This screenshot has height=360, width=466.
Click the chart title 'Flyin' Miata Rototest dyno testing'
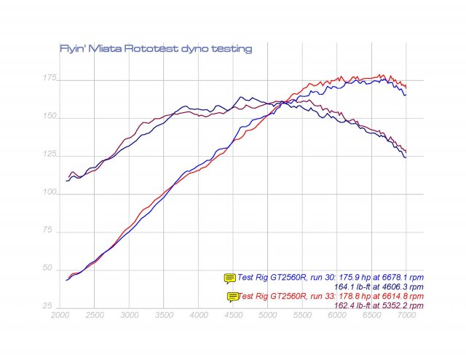click(x=155, y=49)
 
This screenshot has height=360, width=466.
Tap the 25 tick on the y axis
click(x=47, y=305)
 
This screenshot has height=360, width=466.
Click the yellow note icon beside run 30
click(x=230, y=278)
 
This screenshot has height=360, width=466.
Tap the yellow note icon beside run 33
click(x=233, y=296)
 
